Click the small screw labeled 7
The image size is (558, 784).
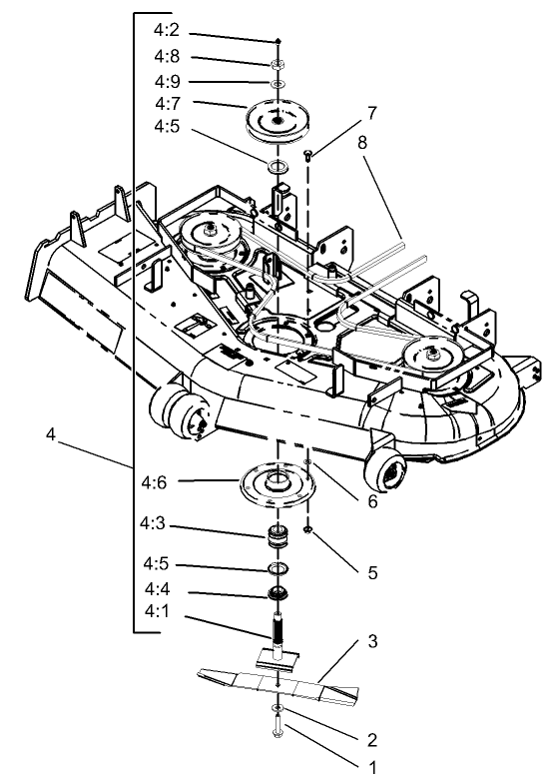pyautogui.click(x=309, y=154)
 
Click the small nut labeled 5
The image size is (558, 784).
pyautogui.click(x=309, y=528)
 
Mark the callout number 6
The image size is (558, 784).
pyautogui.click(x=371, y=502)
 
